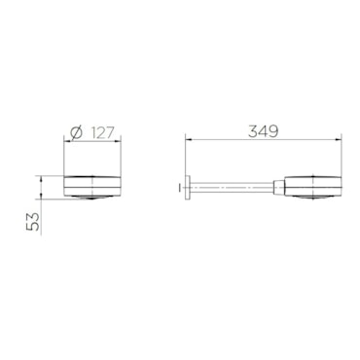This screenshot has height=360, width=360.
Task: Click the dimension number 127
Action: click(x=102, y=133)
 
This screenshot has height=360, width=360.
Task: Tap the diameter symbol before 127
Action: click(x=77, y=132)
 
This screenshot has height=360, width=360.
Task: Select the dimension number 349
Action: click(x=263, y=131)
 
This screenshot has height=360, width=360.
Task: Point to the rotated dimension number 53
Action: click(x=33, y=222)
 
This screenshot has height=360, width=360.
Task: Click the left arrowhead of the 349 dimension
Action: click(x=189, y=140)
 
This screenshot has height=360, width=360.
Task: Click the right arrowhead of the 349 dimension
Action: click(x=339, y=140)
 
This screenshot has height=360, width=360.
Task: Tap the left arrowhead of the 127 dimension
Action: click(x=68, y=141)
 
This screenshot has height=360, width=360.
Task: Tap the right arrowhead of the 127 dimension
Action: click(x=118, y=141)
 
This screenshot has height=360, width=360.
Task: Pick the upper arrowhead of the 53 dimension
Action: click(x=41, y=179)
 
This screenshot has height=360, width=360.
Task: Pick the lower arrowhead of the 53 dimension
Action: click(x=41, y=196)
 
